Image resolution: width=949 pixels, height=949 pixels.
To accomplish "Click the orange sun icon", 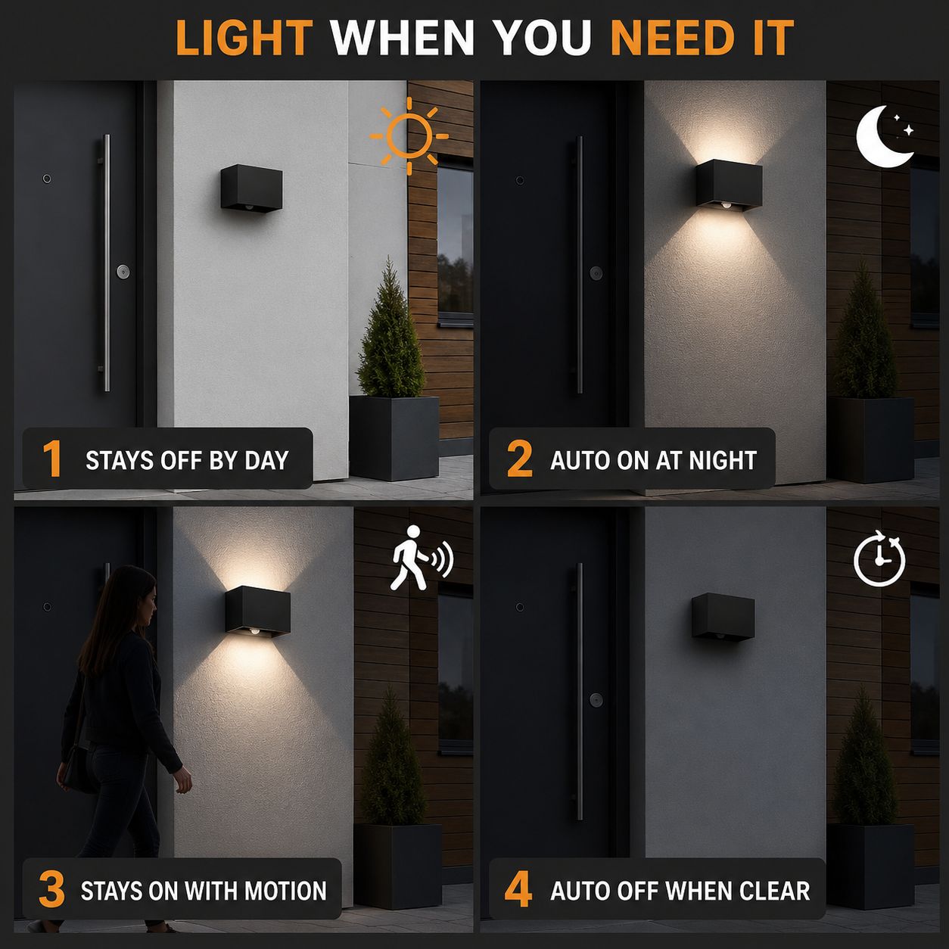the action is click(409, 136).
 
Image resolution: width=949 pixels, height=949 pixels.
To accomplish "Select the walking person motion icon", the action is click(421, 558).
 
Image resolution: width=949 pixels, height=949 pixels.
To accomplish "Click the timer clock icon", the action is click(879, 559).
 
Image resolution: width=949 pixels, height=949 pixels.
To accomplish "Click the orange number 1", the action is click(52, 459).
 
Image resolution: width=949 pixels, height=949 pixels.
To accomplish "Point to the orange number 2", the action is click(520, 459).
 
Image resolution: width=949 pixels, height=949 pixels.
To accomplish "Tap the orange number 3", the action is click(52, 889).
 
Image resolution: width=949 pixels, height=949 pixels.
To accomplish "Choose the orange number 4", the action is click(518, 889).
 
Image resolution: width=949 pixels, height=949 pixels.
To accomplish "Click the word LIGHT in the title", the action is click(244, 37).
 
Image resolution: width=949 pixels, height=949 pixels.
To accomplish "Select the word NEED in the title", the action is click(673, 37).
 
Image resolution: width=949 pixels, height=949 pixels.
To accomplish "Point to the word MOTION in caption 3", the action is click(285, 891).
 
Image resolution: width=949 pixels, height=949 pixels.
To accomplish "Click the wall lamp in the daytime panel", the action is click(251, 188).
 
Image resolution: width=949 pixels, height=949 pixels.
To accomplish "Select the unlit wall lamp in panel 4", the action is click(723, 618).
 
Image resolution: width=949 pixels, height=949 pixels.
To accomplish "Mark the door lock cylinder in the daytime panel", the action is click(123, 272).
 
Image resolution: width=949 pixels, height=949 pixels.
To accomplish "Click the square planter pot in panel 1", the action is click(394, 438).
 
